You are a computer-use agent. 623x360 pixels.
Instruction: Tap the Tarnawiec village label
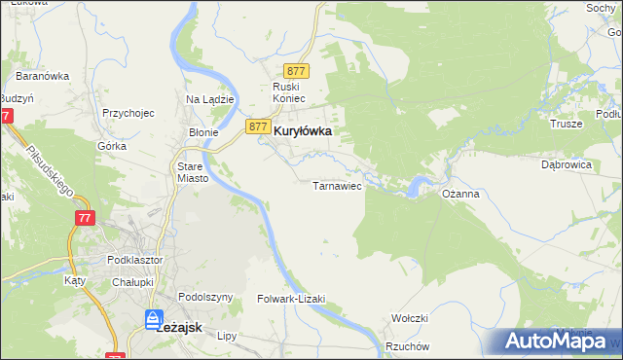[x=337, y=185]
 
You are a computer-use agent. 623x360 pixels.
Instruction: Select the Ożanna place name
[x=460, y=195]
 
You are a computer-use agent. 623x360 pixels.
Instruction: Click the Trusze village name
[x=566, y=124]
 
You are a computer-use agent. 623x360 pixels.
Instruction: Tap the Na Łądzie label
[x=206, y=99]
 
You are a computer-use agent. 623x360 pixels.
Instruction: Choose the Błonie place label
[x=202, y=131]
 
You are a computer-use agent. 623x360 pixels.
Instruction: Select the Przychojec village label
[x=128, y=113]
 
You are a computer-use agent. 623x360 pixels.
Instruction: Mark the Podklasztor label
[x=134, y=260]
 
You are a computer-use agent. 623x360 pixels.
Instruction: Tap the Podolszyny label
[x=205, y=297]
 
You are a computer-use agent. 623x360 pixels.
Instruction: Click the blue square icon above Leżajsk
[x=154, y=318]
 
